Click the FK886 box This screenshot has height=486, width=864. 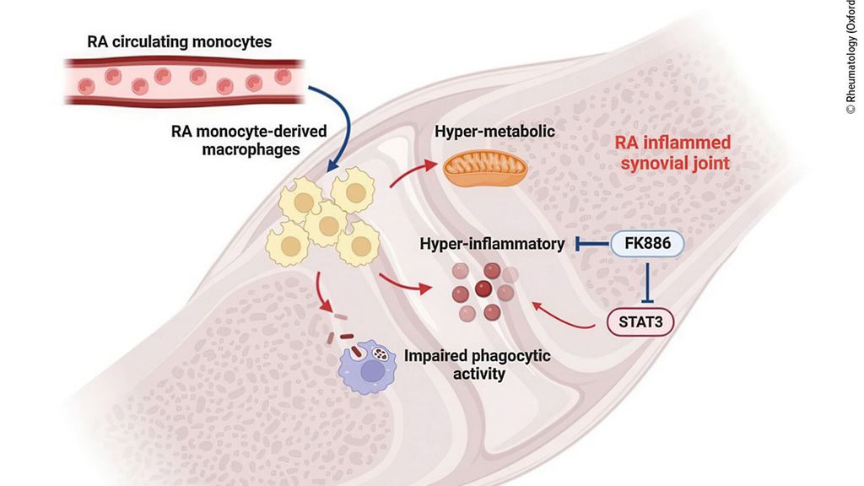coord(647,244)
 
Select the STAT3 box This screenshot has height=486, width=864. coord(640,321)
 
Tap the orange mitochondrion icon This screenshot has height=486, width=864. coord(485,169)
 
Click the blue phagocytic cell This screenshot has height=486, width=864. coord(367,366)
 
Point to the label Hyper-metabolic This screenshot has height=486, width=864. coord(494,131)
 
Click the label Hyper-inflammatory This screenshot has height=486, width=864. coord(492,244)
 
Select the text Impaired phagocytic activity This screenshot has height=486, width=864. coord(478,364)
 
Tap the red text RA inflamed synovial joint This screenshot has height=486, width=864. coord(673,153)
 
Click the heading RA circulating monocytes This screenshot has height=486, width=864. coord(179,42)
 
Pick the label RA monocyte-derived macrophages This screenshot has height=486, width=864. coord(249,140)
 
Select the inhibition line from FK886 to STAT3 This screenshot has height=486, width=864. coord(647,283)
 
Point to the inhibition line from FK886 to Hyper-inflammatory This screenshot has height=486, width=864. coord(592,244)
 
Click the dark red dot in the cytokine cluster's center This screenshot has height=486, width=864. coord(483,289)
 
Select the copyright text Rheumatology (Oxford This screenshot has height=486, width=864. coord(851,57)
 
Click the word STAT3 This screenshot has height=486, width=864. coord(640,321)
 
